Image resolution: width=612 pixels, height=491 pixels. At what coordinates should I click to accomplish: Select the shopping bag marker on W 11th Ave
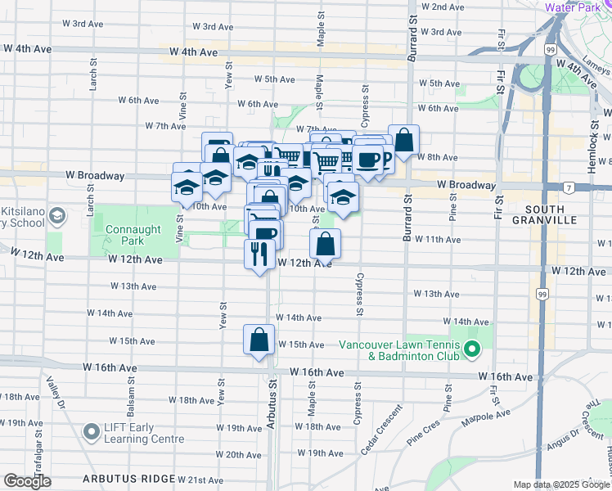pos(326,243)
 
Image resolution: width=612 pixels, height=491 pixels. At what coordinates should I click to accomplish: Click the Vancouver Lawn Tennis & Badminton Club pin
pos(471,350)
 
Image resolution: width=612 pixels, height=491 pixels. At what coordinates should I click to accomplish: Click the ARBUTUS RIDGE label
pos(128,479)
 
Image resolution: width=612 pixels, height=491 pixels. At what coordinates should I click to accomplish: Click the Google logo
pos(27,481)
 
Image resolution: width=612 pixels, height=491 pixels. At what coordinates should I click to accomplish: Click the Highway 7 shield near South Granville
pos(567,188)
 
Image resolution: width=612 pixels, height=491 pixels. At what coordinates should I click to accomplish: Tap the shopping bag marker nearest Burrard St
pos(404,140)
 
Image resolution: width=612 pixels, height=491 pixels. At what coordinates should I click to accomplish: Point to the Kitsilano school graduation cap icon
pos(57,216)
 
